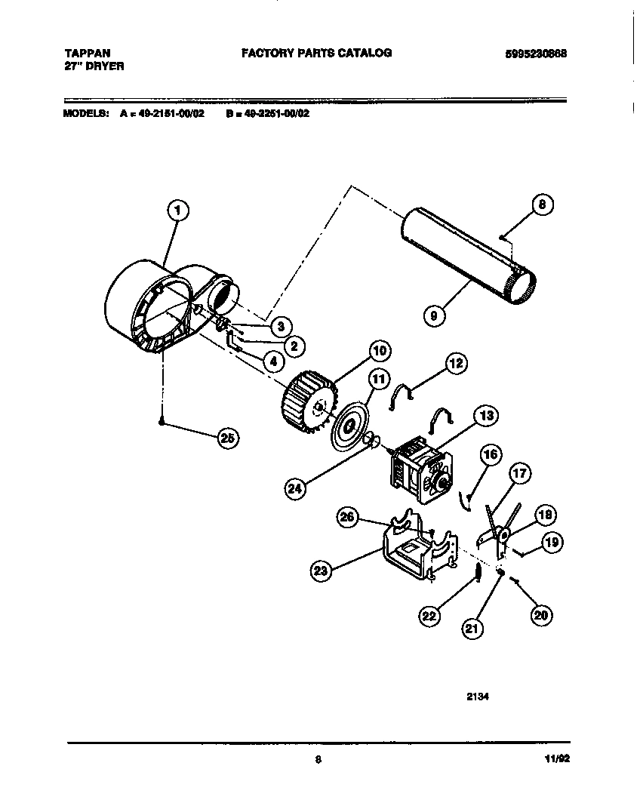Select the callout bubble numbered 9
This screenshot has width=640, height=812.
[x=432, y=316]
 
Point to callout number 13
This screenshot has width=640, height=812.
[x=486, y=415]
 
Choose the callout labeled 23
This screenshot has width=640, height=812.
[x=322, y=571]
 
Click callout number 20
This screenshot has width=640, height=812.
[x=540, y=615]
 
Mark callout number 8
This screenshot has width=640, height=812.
[x=541, y=205]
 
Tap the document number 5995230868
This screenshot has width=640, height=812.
[x=537, y=54]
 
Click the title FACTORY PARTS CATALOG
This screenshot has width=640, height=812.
[x=316, y=53]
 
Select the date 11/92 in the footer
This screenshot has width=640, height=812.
[x=557, y=760]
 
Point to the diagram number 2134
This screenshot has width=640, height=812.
[x=478, y=697]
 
